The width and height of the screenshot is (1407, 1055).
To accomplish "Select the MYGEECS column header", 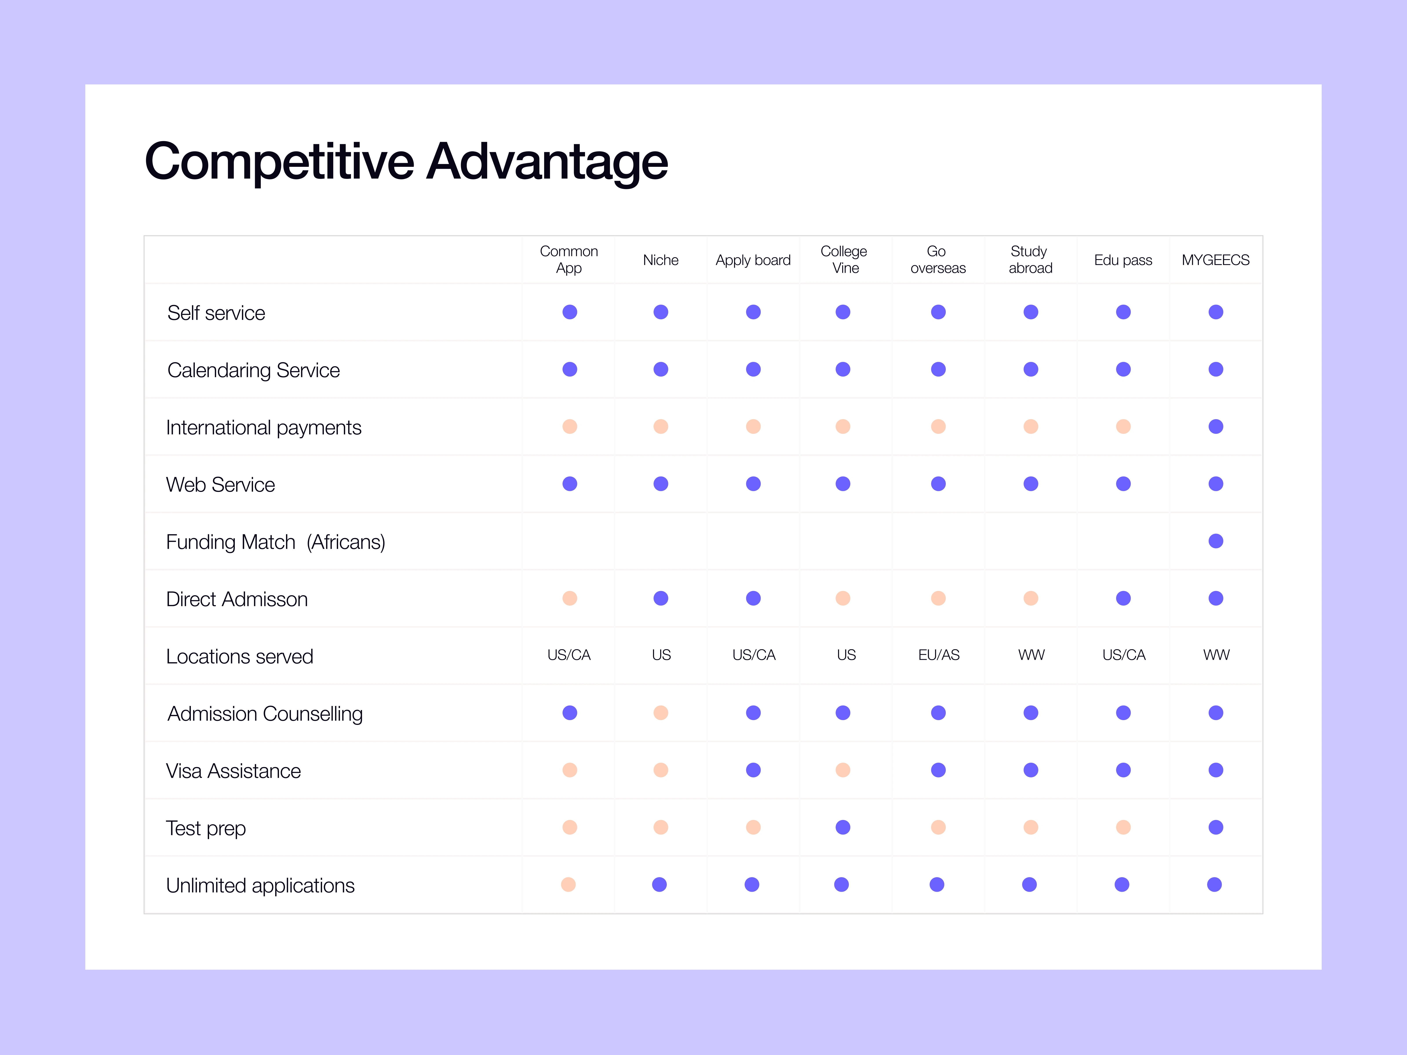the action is [1216, 260].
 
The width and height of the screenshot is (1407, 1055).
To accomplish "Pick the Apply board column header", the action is [753, 260].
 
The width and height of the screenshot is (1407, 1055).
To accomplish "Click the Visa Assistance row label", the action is [233, 771].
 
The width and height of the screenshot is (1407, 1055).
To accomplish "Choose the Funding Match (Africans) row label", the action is [275, 542].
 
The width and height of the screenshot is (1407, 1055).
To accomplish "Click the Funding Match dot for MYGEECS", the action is [1216, 541].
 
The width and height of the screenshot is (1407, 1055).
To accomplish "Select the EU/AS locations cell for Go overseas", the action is [939, 655].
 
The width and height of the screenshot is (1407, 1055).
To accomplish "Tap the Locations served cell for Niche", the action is [662, 655].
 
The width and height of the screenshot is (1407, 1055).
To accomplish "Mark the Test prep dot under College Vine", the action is [843, 827].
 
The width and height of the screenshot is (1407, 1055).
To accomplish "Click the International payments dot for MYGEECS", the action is [1216, 427].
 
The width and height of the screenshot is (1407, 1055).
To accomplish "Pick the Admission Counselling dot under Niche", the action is [661, 713].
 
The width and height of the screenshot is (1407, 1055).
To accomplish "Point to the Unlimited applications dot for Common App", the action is [569, 885].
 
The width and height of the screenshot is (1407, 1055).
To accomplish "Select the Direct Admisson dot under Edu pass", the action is [1123, 598].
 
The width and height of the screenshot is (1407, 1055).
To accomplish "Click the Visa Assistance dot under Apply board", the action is [753, 770].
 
